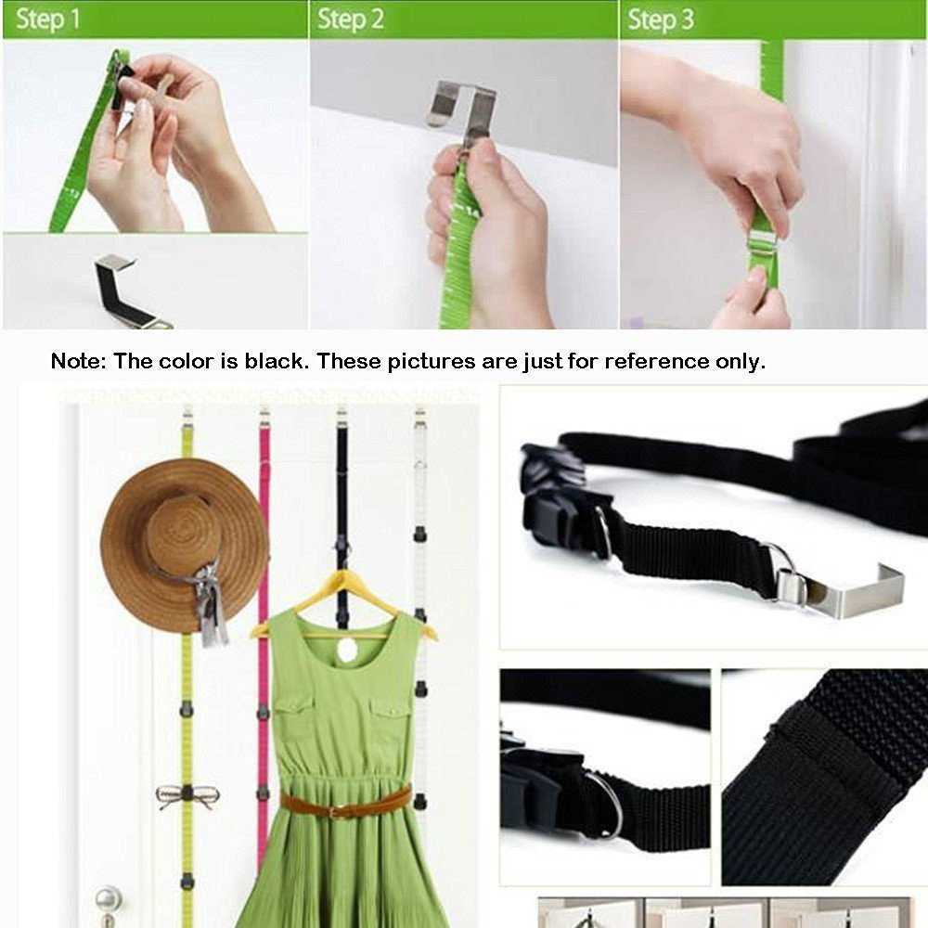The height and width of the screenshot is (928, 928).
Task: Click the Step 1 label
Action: tap(46, 19)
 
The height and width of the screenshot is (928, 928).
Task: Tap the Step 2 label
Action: tap(350, 19)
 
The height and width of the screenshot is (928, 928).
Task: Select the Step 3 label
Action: tap(660, 19)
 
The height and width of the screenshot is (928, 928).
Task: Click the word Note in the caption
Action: tap(77, 362)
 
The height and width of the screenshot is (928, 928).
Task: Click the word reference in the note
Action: tap(654, 362)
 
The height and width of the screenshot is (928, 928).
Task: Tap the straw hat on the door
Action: tap(176, 538)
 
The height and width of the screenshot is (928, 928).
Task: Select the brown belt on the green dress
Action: tap(345, 804)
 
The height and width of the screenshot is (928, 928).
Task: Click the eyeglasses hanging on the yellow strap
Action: tap(187, 795)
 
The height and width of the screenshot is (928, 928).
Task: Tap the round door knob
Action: tap(109, 898)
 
